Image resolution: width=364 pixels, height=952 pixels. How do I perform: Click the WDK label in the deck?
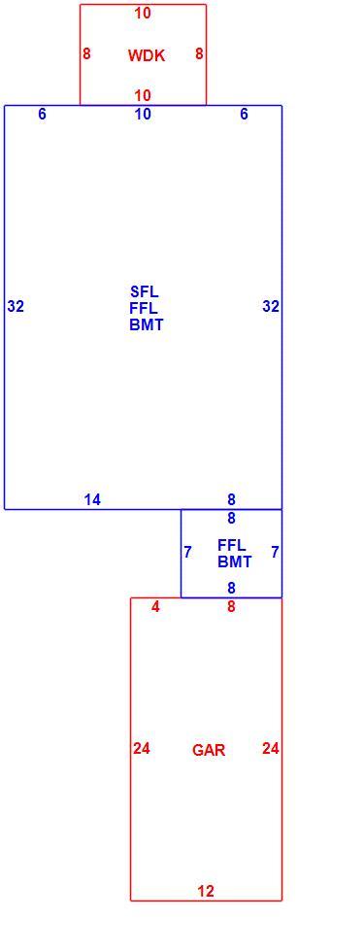pos(147,56)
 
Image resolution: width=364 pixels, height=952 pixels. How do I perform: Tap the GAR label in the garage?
pos(209,750)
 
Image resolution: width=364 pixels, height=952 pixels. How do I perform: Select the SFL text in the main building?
pos(145,290)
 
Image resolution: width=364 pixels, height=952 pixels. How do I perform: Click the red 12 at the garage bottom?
pos(206,892)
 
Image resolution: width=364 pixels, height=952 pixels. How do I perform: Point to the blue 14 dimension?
pos(93,499)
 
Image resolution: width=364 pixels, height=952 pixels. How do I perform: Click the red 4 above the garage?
pos(156,606)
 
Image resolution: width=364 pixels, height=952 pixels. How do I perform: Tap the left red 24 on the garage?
pos(142,749)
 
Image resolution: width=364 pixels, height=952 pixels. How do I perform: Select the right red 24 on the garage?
pos(271,749)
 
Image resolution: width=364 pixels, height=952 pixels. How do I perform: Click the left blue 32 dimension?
pos(16,307)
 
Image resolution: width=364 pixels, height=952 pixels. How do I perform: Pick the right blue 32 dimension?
pos(271,307)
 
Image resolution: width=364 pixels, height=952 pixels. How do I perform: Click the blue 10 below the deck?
pos(144,115)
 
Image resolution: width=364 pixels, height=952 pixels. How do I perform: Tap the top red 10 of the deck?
pos(144,13)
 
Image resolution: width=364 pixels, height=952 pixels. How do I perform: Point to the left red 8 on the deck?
pos(86,54)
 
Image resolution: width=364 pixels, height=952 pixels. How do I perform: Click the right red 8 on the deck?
pos(199,54)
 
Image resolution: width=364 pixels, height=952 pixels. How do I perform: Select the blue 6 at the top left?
pos(42,115)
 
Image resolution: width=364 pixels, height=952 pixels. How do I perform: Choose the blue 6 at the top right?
pos(244,115)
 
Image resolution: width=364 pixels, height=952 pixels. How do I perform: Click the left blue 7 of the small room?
pos(188,553)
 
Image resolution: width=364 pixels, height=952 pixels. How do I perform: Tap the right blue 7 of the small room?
pos(276,553)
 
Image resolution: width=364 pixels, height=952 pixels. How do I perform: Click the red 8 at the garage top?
pos(231,606)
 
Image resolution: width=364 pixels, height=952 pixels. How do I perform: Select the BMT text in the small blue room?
pos(234,562)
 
